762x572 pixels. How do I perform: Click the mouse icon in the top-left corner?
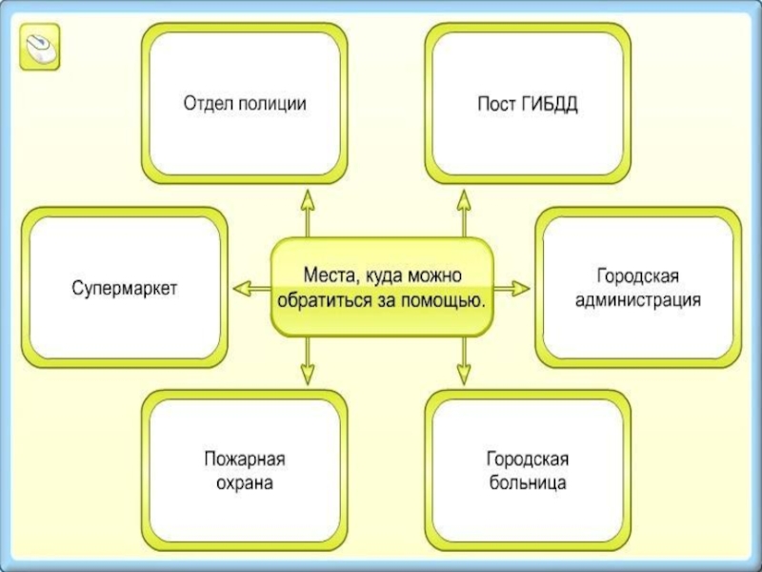(40, 47)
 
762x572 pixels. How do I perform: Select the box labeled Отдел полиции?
(245, 103)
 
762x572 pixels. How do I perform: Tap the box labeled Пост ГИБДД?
(527, 103)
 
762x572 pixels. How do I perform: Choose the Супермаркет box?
(125, 287)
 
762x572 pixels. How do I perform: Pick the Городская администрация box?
(636, 287)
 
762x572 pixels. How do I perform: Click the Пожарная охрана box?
(245, 471)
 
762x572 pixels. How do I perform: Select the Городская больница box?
(527, 471)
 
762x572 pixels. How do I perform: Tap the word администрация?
(636, 300)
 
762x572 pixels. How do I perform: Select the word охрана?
(245, 483)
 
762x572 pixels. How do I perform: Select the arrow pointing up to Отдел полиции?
(308, 211)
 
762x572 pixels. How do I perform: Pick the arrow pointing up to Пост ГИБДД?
(464, 211)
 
